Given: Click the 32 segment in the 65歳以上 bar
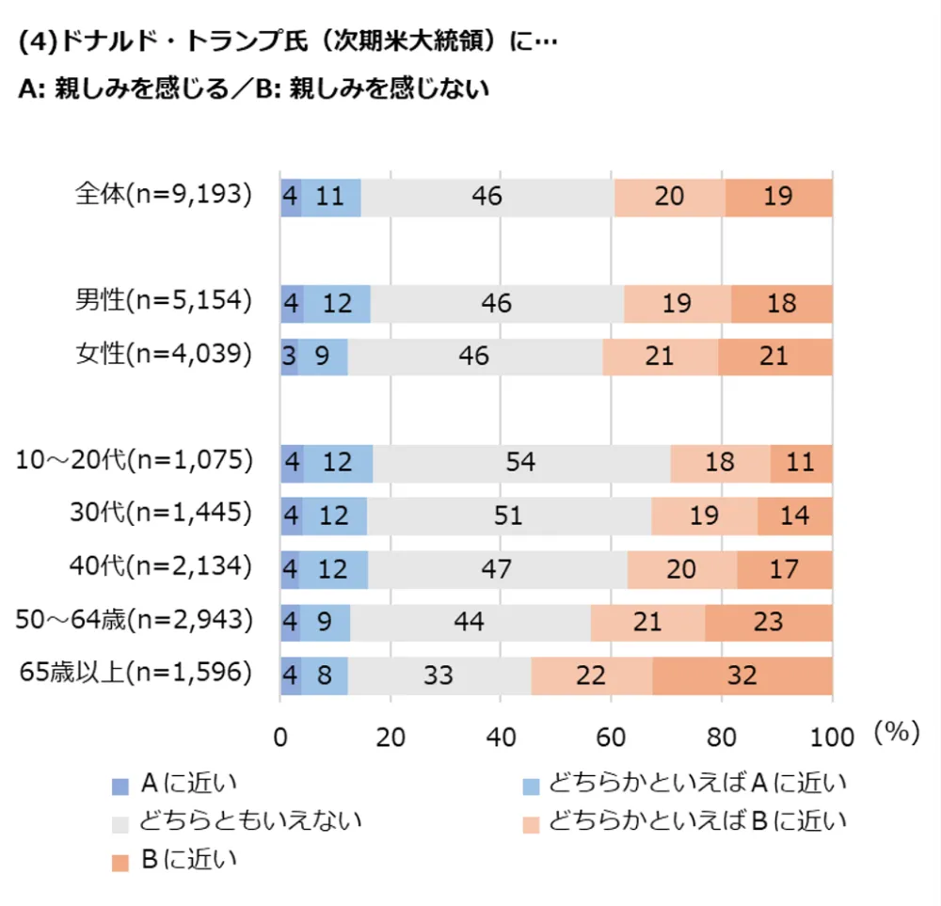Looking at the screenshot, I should pyautogui.click(x=742, y=676).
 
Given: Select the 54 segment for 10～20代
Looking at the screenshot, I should pyautogui.click(x=520, y=463).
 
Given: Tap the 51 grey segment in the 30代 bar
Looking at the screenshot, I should pyautogui.click(x=509, y=516).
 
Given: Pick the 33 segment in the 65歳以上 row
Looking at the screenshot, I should pyautogui.click(x=439, y=676).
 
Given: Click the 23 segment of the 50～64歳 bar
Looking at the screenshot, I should pyautogui.click(x=769, y=622).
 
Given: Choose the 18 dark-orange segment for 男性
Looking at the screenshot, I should pyautogui.click(x=782, y=303).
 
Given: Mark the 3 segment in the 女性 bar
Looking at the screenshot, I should pyautogui.click(x=289, y=357).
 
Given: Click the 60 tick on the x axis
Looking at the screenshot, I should pyautogui.click(x=611, y=737).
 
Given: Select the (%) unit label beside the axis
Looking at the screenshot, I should pyautogui.click(x=896, y=734).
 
